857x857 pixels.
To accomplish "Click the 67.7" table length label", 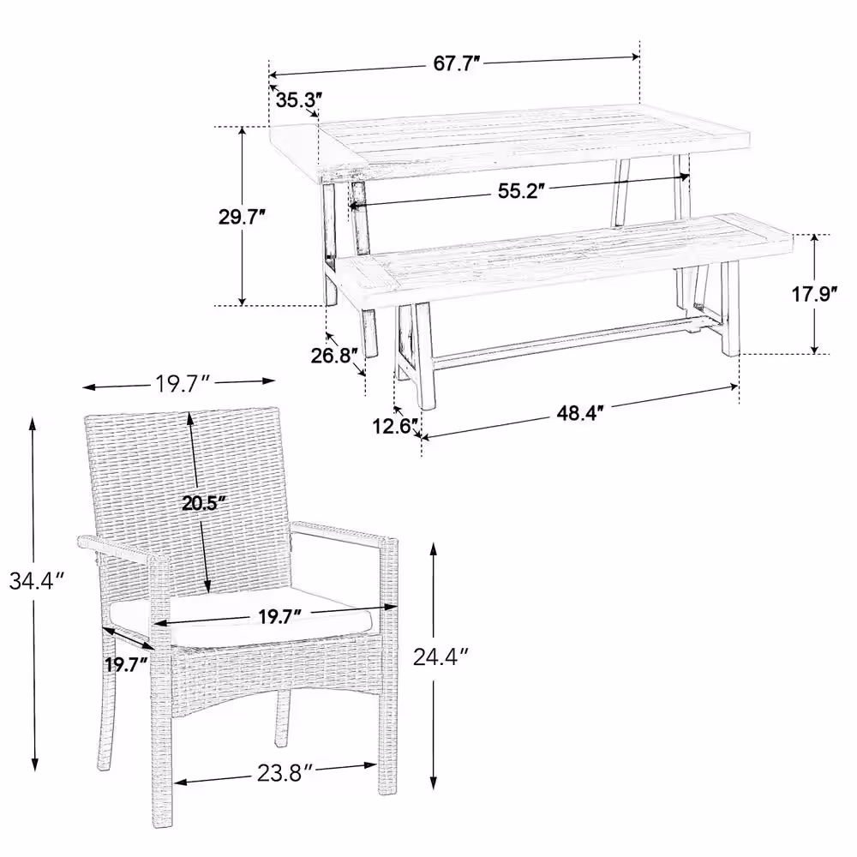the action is click(x=457, y=63).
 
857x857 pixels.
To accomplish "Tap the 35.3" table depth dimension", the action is click(x=298, y=100).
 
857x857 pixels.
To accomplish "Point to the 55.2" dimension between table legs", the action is click(x=521, y=191).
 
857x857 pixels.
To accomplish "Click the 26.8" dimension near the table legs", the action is click(x=334, y=356).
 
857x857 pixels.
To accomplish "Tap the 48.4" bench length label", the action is click(x=580, y=413).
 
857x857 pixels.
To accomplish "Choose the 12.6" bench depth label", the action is click(x=396, y=426).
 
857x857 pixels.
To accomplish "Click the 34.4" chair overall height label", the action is click(x=37, y=580).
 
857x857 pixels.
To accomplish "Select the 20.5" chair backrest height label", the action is click(x=204, y=503).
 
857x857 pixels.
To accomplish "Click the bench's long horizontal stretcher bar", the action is click(x=558, y=344).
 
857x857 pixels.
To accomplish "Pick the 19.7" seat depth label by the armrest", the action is click(x=127, y=665).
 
